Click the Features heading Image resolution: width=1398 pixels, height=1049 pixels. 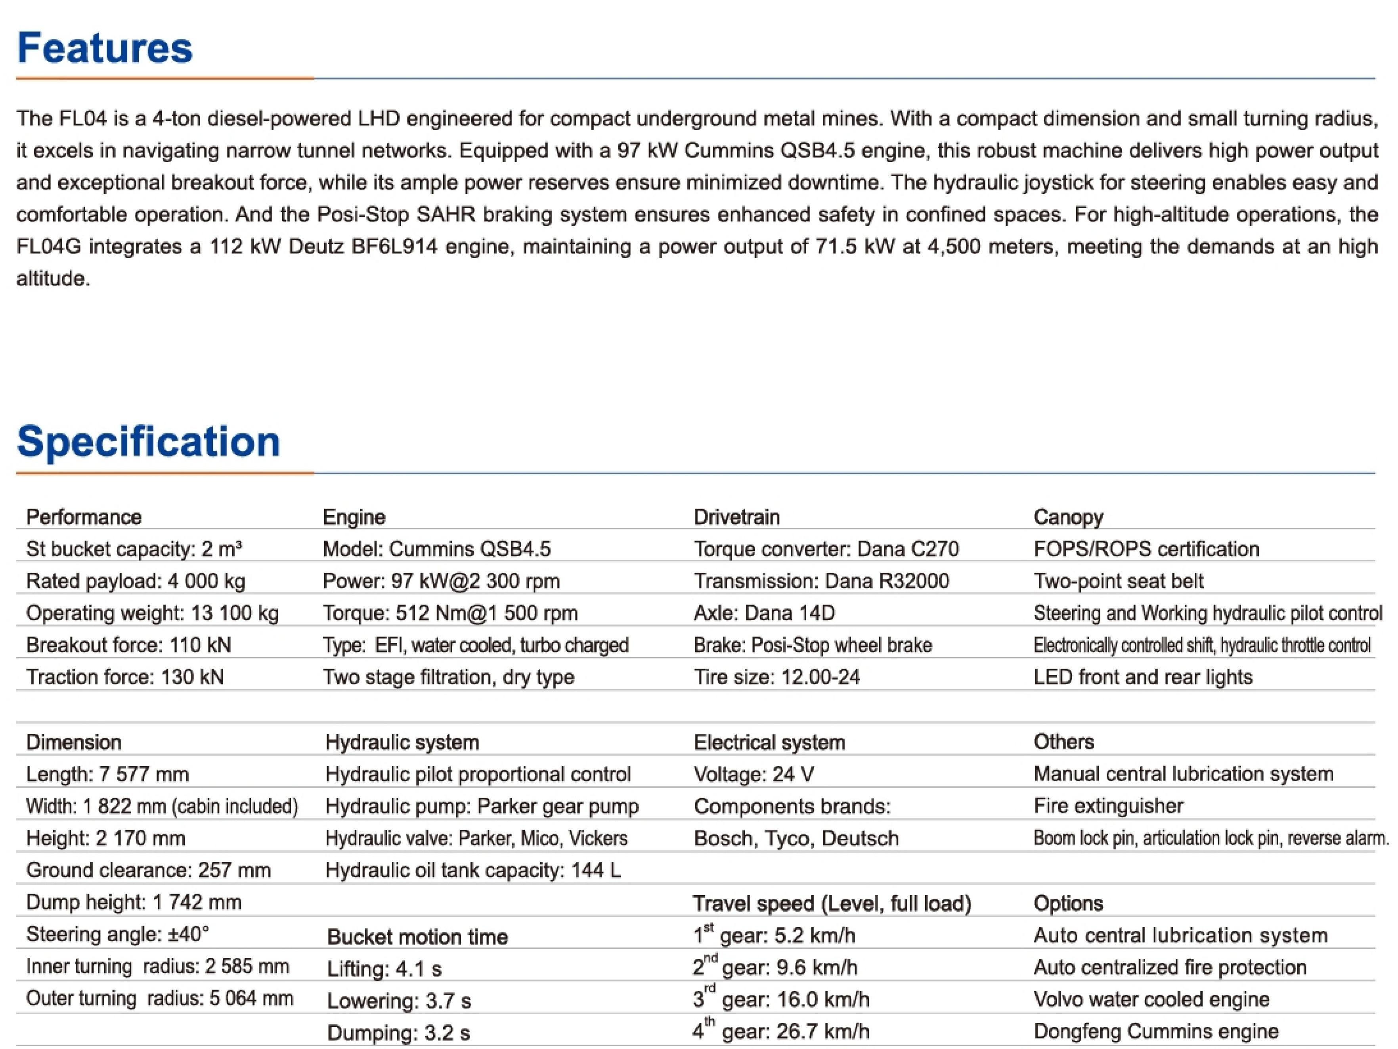(x=104, y=48)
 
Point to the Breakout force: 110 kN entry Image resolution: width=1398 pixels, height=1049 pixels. (x=128, y=645)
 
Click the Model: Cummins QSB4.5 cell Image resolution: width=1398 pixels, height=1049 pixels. (x=437, y=549)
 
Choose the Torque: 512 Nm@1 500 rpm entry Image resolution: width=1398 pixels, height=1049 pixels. (x=450, y=613)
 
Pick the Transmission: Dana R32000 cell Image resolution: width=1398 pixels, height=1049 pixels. (x=821, y=581)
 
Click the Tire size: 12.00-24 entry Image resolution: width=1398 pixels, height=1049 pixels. (x=777, y=677)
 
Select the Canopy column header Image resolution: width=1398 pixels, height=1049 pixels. (x=1068, y=517)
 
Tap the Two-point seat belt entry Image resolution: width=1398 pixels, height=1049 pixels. (x=1118, y=581)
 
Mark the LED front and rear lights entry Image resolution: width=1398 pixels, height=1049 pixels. (x=1143, y=677)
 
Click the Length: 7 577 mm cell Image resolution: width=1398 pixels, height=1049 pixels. (x=107, y=774)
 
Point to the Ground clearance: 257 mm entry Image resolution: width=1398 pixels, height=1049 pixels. (x=149, y=870)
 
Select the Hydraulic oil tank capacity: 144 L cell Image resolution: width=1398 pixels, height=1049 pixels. (x=473, y=870)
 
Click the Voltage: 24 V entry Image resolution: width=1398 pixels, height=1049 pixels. (x=754, y=774)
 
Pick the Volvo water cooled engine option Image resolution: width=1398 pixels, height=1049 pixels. (x=1151, y=999)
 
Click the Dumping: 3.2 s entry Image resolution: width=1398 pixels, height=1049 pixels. (x=398, y=1033)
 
